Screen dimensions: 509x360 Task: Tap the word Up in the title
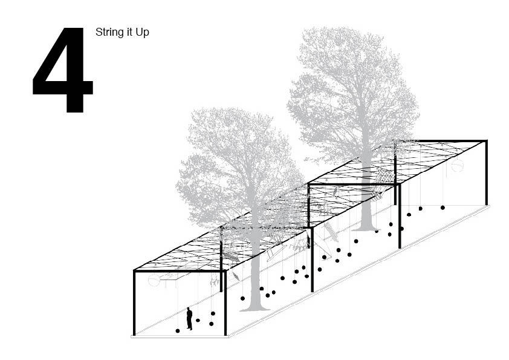click(x=143, y=33)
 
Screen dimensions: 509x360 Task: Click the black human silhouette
click(x=189, y=318)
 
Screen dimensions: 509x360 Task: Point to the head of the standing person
click(x=189, y=309)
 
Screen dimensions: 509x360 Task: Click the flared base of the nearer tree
click(x=256, y=307)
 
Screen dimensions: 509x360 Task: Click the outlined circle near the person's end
click(x=154, y=280)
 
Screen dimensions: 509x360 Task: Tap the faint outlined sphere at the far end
click(x=457, y=166)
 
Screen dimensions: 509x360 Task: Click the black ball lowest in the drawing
click(x=178, y=331)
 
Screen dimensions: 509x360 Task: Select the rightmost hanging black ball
click(x=443, y=208)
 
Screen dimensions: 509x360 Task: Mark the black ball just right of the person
click(x=198, y=320)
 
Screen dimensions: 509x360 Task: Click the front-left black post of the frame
click(x=134, y=303)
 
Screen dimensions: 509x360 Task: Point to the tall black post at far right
click(x=486, y=173)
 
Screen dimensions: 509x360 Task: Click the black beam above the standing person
click(x=180, y=270)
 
